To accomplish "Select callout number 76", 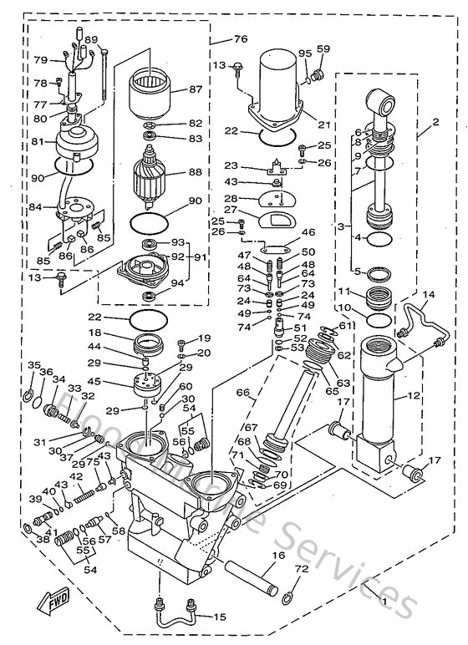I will [241, 39].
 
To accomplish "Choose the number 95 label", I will [304, 54].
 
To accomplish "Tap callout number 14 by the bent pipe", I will [429, 295].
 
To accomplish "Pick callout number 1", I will [384, 600].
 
